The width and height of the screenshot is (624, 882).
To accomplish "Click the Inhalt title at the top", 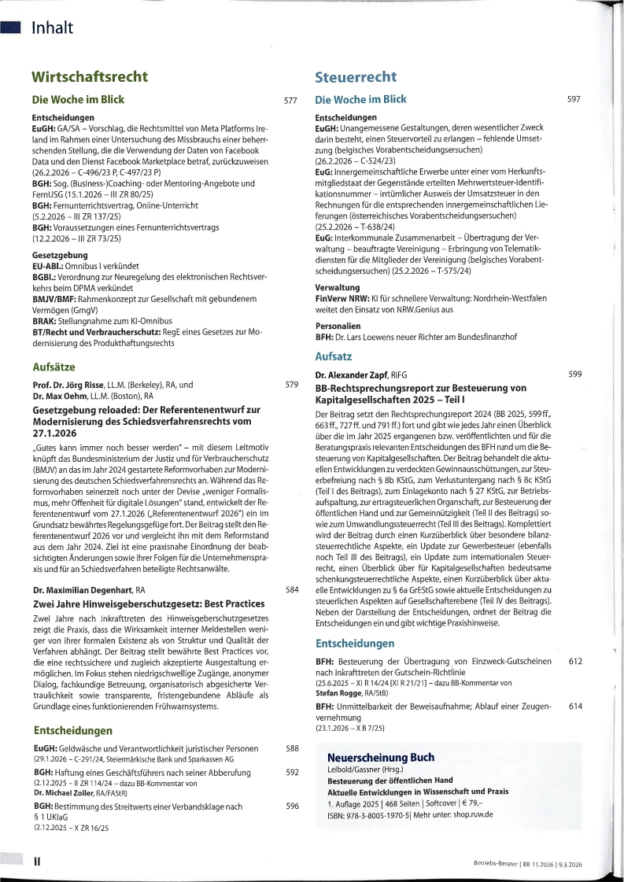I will point(52,28).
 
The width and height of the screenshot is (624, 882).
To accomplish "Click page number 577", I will point(290,101).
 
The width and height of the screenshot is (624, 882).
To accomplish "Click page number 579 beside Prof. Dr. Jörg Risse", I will point(291,386).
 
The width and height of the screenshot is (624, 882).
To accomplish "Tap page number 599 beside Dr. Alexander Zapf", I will point(574,375).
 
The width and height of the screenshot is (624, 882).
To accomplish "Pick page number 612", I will point(574,662).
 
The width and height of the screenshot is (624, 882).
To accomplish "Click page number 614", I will point(574,707).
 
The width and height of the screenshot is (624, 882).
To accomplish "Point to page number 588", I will point(292,748).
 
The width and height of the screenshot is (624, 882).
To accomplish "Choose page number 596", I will point(292,806).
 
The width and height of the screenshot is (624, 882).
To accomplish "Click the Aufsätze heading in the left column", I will point(54,367).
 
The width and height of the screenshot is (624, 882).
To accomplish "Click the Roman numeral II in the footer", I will point(36,862).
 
